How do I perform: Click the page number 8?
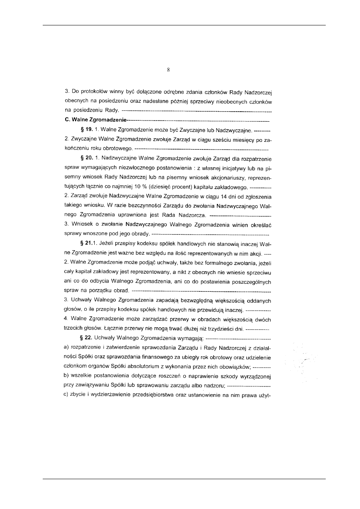[169, 70]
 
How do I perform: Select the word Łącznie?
[114, 328]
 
